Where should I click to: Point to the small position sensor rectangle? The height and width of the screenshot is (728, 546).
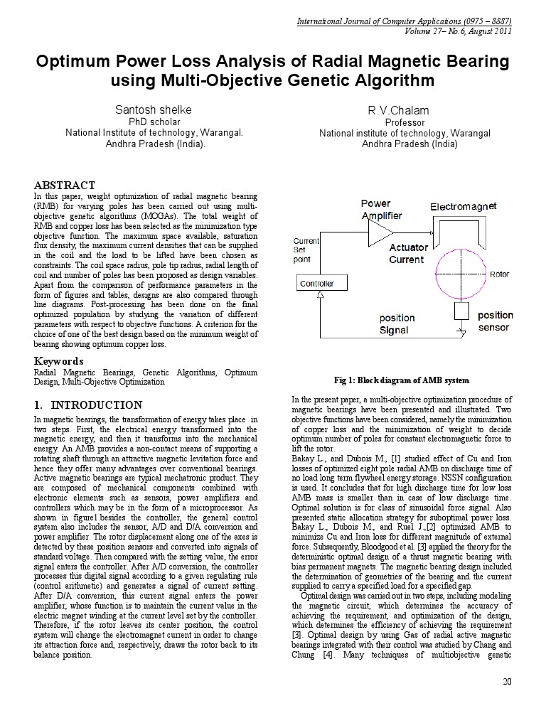click(x=461, y=311)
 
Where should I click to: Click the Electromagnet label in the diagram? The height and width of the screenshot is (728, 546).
click(x=463, y=206)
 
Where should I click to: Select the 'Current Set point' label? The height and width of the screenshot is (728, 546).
click(x=306, y=250)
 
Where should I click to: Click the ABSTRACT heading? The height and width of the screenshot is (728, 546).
click(x=65, y=185)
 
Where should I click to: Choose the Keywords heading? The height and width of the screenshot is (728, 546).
click(x=59, y=361)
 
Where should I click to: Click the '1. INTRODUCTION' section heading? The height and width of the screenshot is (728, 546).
click(x=88, y=405)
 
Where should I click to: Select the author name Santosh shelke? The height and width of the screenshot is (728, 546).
click(x=154, y=109)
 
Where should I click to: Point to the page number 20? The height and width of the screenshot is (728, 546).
click(x=507, y=682)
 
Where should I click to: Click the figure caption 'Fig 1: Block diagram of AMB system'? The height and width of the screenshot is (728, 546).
click(x=402, y=380)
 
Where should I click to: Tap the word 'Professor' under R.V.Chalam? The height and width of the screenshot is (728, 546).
click(x=404, y=122)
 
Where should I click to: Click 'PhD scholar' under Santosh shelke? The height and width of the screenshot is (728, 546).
click(x=154, y=122)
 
